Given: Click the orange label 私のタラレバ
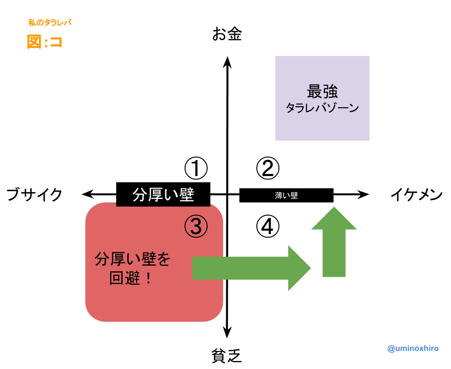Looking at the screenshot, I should coord(50,23).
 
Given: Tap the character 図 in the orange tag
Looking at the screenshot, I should coord(34,42).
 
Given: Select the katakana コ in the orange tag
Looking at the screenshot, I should coord(55,42).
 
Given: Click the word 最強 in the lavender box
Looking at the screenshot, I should coord(322,92).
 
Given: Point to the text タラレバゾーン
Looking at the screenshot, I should coord(322,108).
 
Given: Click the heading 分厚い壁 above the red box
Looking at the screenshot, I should coord(163,195).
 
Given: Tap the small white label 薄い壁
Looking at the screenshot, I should coord(286,196).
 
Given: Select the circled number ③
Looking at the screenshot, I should coord(196,227).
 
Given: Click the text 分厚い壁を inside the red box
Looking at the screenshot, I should coord(133,259).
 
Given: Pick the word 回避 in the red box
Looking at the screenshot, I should coord(125,278).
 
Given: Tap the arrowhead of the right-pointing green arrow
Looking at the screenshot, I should coord(299,268).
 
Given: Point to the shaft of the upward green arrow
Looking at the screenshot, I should coord(334,253).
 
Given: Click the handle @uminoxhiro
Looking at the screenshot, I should coord(413,348).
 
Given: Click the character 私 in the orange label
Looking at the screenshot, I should coord(32,23).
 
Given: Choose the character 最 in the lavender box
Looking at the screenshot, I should coord(314,92).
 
